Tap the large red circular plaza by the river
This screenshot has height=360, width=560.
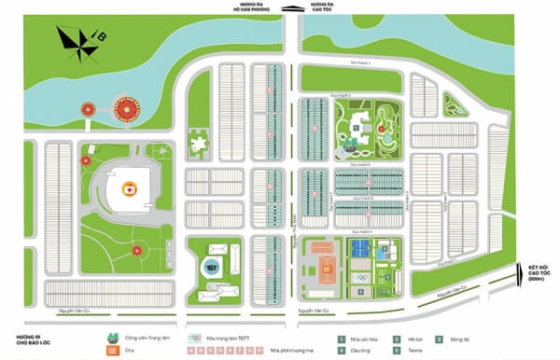pos(125,111)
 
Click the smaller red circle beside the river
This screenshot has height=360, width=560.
pos(90,110)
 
